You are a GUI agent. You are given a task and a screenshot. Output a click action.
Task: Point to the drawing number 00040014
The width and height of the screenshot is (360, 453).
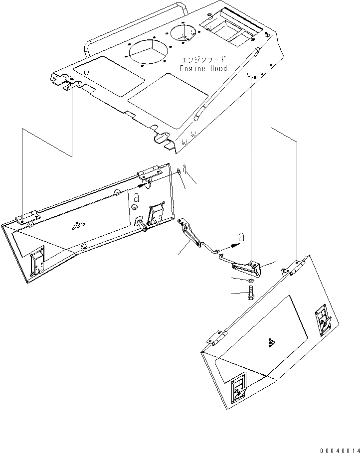coord(337,448)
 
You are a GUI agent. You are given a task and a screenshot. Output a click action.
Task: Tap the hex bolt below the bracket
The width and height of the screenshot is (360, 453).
coord(250,295)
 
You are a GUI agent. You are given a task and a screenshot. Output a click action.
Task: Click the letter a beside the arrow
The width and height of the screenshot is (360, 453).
coord(241,238)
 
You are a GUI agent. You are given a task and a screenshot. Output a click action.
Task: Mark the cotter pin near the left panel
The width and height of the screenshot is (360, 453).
coord(184,172)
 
